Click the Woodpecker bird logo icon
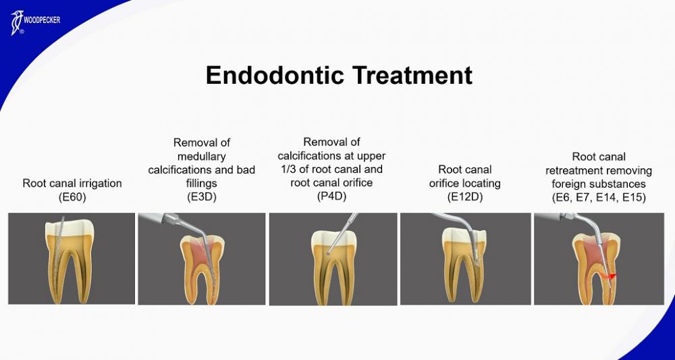(x=17, y=23)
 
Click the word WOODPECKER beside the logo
(x=42, y=20)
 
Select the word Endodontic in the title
(x=275, y=75)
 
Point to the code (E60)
(x=72, y=197)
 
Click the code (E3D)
(x=201, y=197)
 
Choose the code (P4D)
(x=331, y=197)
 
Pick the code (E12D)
(x=465, y=197)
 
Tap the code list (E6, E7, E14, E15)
(x=599, y=198)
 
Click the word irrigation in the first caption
(x=101, y=184)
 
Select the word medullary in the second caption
(x=201, y=156)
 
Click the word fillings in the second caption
(x=201, y=184)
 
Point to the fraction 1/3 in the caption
(x=288, y=170)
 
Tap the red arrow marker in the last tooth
(x=610, y=276)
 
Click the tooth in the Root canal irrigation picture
(x=70, y=261)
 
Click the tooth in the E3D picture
(x=202, y=269)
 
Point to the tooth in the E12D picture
(x=464, y=265)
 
